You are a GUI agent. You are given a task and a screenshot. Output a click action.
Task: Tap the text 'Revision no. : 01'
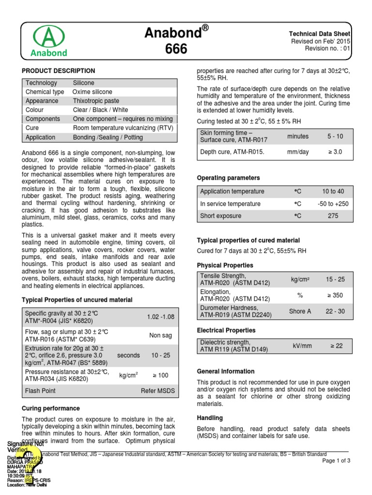[327, 49]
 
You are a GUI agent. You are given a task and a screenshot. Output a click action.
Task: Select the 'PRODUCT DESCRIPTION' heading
[58, 71]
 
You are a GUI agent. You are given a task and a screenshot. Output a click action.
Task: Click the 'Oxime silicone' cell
[92, 92]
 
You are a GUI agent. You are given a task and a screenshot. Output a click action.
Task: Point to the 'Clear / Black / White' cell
[100, 110]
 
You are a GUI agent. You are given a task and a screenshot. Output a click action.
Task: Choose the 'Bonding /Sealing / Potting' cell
[108, 137]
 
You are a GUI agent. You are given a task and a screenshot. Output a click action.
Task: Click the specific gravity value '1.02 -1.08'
[160, 317]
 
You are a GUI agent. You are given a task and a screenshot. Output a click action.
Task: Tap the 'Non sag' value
[160, 335]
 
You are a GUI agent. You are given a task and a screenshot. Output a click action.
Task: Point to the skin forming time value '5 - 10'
[333, 137]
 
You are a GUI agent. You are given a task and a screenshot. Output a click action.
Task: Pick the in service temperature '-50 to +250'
[333, 204]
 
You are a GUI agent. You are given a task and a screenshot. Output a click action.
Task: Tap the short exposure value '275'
[333, 216]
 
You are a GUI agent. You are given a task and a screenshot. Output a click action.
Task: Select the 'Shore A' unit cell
[300, 311]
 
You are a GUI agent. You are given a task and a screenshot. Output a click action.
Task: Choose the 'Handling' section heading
[210, 418]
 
